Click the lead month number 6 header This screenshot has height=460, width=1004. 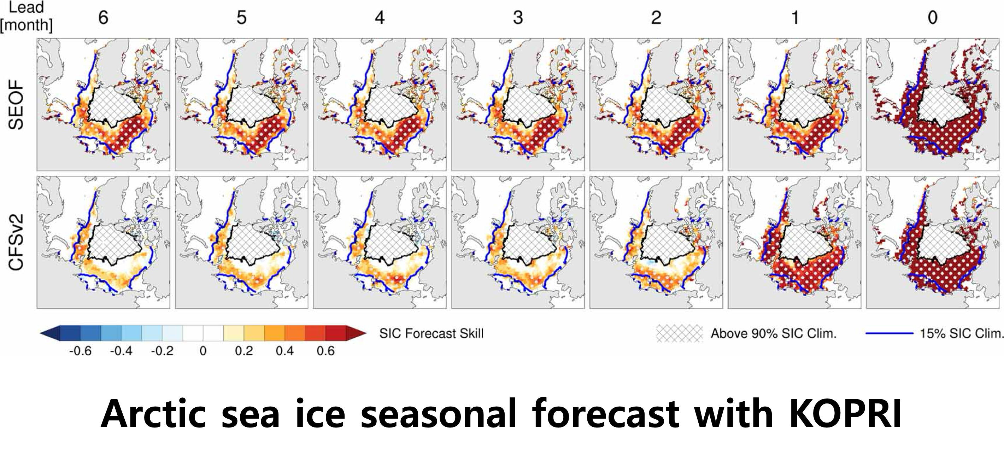(x=103, y=18)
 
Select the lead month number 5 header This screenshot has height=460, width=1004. (x=241, y=18)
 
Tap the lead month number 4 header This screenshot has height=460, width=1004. (x=380, y=18)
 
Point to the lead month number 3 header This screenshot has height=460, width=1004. (x=518, y=18)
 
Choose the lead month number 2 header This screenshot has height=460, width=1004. (x=656, y=18)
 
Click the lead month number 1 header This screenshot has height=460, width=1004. (x=795, y=18)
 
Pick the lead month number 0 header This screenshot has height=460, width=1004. (x=932, y=18)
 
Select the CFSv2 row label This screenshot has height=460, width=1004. (x=17, y=243)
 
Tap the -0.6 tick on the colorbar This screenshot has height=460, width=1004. (x=80, y=350)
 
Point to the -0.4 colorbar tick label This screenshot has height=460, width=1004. (x=121, y=350)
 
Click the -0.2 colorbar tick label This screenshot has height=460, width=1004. (x=162, y=350)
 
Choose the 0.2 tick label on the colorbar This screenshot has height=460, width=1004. (x=244, y=350)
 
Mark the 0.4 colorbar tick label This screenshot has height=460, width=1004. (x=284, y=350)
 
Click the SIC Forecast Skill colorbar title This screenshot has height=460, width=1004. (x=431, y=333)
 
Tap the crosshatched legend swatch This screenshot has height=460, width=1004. (x=679, y=333)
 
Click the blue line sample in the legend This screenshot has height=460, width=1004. (x=889, y=333)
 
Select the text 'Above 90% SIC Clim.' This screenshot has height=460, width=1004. (x=774, y=333)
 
